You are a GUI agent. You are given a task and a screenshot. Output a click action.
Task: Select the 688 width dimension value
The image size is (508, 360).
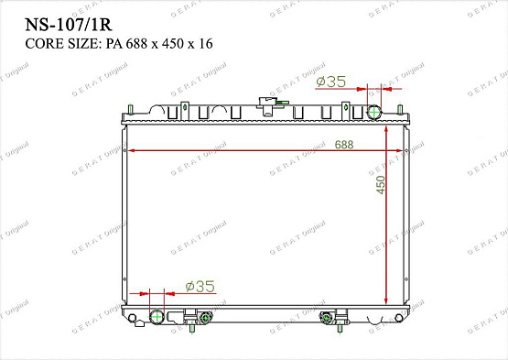click(344, 145)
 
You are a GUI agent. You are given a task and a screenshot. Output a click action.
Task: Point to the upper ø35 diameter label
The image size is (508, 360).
click(330, 82)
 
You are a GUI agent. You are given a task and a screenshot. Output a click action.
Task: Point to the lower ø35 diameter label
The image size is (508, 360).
click(199, 287)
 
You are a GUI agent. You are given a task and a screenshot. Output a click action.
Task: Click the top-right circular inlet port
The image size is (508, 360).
click(374, 113)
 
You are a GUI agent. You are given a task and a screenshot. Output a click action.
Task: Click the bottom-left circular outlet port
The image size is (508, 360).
click(156, 318)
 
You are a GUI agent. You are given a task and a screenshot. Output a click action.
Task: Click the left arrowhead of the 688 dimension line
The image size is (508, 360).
click(130, 151)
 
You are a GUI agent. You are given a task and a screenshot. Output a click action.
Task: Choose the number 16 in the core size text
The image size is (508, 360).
click(206, 44)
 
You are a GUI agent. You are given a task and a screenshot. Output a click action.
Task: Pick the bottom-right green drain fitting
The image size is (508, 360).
click(327, 319)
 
